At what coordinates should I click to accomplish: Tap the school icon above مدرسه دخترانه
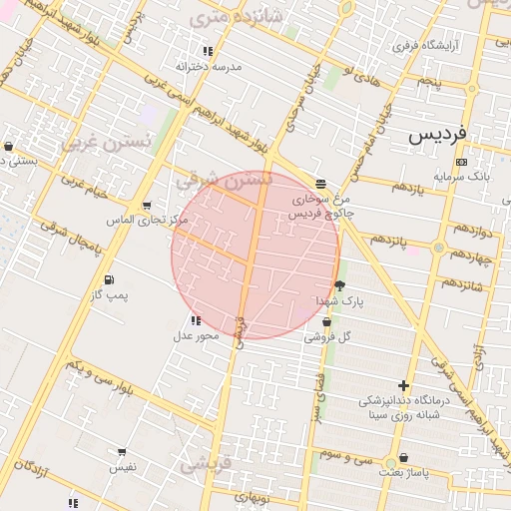coord(208,51)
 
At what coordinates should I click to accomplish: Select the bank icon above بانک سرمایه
coord(460,162)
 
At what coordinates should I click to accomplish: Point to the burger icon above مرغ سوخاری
coord(320,184)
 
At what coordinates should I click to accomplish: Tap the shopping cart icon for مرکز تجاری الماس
coord(148,206)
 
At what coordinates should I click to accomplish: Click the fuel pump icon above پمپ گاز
coord(109,279)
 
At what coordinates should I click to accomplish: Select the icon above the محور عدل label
coord(195,320)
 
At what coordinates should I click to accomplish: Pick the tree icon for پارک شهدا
coord(340,285)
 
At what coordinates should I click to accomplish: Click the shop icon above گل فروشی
coord(327,321)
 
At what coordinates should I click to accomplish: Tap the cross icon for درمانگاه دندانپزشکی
coord(403,385)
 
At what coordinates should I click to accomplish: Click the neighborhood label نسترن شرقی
coord(223,180)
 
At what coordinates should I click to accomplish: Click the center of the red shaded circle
coord(255,255)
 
